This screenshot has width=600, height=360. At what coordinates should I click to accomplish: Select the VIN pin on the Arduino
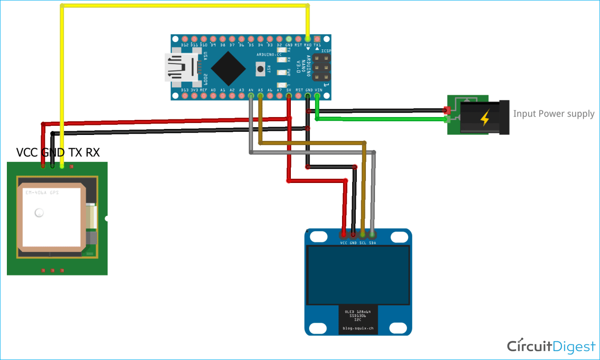point(317,96)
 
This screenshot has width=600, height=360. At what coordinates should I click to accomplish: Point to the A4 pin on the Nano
point(251,96)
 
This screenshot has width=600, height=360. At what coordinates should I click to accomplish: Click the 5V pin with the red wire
point(289,96)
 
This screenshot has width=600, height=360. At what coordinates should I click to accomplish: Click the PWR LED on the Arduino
point(282,72)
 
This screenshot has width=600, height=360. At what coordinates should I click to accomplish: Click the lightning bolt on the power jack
point(484,118)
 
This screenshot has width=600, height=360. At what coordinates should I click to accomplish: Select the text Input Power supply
point(553,114)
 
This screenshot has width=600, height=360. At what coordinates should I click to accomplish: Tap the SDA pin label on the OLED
point(372,243)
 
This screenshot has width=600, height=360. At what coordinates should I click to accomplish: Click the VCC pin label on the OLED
point(344,243)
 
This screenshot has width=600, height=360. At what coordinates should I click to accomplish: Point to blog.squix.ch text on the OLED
point(358,328)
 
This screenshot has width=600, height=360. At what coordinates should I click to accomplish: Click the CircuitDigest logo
point(551,346)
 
